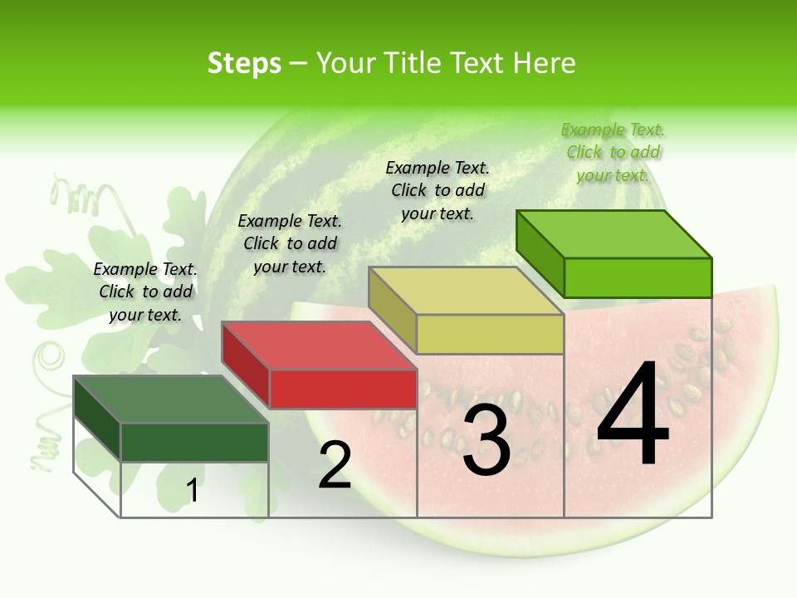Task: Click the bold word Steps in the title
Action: (244, 63)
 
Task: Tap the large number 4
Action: (633, 415)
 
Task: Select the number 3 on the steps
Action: (487, 440)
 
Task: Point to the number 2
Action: (335, 465)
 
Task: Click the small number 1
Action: (193, 491)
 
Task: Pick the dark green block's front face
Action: (194, 442)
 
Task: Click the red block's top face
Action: (319, 346)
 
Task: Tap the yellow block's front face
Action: (490, 334)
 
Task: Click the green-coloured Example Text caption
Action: (613, 152)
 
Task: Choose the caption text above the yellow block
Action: (438, 190)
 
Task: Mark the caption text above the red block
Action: (290, 243)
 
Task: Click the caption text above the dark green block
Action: (145, 292)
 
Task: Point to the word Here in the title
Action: (545, 63)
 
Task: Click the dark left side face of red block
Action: (245, 365)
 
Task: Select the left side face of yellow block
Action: (392, 310)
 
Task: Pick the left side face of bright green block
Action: (540, 253)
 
